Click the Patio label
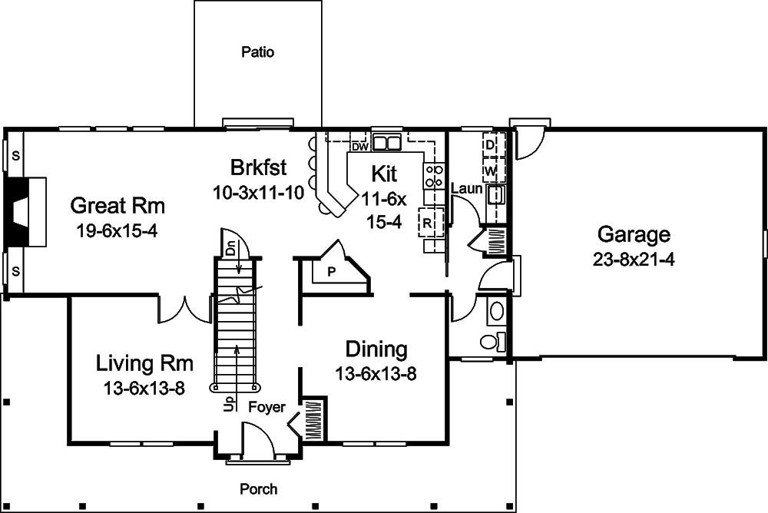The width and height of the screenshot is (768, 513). click(x=257, y=52)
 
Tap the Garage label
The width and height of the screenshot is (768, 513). click(x=634, y=234)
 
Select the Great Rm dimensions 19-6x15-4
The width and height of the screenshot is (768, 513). click(x=117, y=230)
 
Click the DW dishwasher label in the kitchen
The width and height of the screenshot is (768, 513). click(x=359, y=147)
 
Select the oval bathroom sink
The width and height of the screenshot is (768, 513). click(x=497, y=311)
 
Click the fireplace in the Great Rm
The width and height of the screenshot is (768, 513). click(x=25, y=212)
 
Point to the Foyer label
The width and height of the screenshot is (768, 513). click(x=267, y=407)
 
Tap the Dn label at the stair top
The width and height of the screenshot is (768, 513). click(x=230, y=248)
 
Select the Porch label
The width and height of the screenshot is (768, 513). click(x=259, y=489)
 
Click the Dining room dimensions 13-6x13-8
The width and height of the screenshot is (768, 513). click(x=376, y=374)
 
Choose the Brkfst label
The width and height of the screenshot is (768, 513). click(x=259, y=167)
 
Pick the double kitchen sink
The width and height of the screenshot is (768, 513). click(x=386, y=143)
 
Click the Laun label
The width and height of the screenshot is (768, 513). click(x=467, y=188)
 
